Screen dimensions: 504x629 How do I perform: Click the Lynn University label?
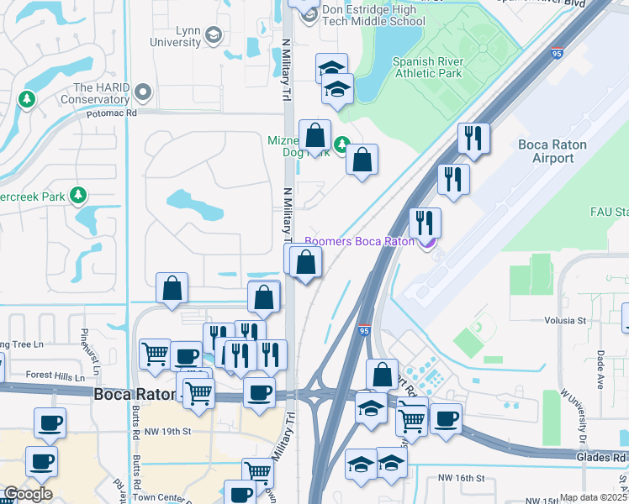(x=176, y=36)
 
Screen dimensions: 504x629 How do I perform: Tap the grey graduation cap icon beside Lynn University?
(x=213, y=34)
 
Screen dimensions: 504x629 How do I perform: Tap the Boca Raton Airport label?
(x=552, y=151)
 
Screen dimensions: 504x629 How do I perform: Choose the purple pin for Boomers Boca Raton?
(x=427, y=242)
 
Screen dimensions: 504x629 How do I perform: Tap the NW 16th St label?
(x=462, y=478)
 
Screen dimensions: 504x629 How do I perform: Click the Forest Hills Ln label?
(x=55, y=377)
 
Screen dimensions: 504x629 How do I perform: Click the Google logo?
(x=28, y=494)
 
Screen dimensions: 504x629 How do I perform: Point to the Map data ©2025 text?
(x=593, y=497)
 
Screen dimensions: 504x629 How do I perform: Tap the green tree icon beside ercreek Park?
(x=79, y=196)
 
